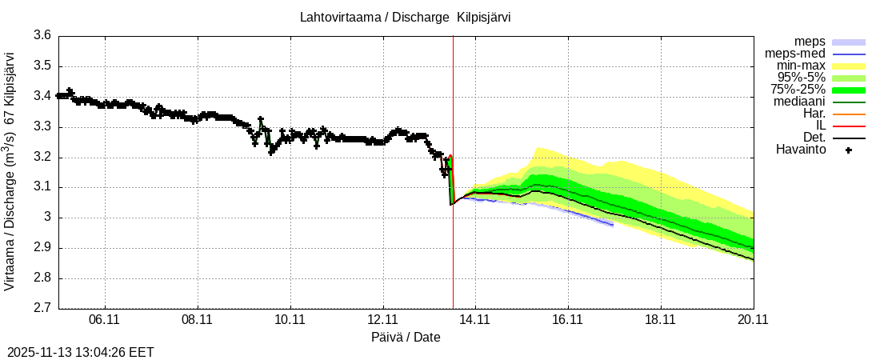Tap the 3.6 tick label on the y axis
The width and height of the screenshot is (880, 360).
pyautogui.click(x=43, y=35)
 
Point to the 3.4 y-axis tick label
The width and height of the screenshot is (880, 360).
pyautogui.click(x=43, y=96)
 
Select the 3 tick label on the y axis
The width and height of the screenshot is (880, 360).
pyautogui.click(x=49, y=218)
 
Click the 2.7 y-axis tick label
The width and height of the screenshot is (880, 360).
pyautogui.click(x=43, y=309)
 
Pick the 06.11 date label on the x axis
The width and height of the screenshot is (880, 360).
pyautogui.click(x=105, y=320)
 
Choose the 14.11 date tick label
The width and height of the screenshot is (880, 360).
pyautogui.click(x=475, y=320)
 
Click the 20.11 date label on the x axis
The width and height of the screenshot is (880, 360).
pyautogui.click(x=753, y=320)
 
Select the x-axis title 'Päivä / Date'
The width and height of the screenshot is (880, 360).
pyautogui.click(x=406, y=337)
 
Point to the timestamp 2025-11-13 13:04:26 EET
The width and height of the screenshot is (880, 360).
pyautogui.click(x=80, y=352)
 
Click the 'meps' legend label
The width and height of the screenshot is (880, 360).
pyautogui.click(x=810, y=42)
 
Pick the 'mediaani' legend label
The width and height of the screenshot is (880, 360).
pyautogui.click(x=799, y=102)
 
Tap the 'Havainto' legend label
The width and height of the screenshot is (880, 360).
pyautogui.click(x=801, y=150)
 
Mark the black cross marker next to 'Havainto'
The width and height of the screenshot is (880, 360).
pyautogui.click(x=849, y=150)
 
